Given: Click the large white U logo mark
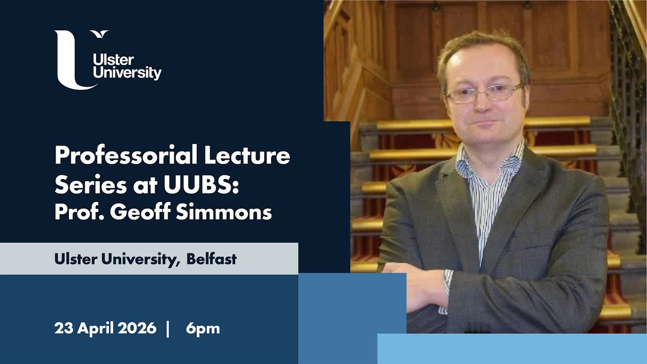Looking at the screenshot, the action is (67, 66).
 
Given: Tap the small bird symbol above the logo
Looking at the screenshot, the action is (100, 34).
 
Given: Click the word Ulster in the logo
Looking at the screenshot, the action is (113, 60).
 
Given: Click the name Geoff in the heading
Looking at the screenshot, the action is (141, 212).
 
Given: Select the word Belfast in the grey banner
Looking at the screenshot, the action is (211, 259).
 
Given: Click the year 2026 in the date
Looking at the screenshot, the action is (137, 328).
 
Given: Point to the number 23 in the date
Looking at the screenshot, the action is (63, 328).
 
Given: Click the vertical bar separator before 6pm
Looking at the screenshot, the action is (168, 329).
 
